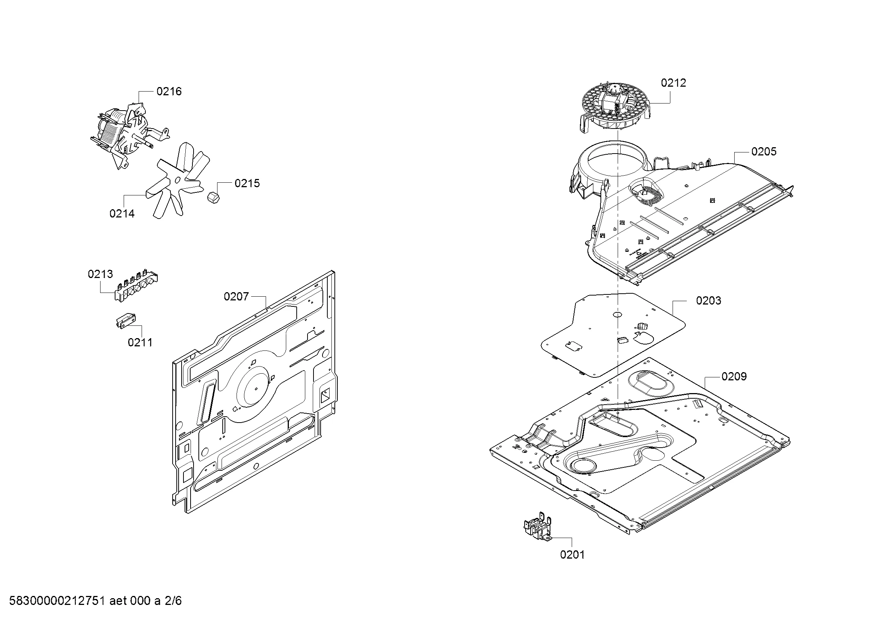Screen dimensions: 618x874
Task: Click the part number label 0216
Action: (169, 91)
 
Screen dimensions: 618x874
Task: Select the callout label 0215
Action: (247, 183)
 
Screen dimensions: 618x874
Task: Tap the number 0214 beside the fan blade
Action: (122, 213)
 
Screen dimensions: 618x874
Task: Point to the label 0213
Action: (100, 274)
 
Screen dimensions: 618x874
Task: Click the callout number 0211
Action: (140, 343)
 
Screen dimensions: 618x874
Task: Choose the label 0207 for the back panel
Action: (236, 296)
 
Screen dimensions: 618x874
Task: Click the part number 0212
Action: (673, 83)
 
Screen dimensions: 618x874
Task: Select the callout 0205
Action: (764, 151)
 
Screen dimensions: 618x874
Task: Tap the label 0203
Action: (708, 301)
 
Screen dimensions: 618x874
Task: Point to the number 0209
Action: (734, 376)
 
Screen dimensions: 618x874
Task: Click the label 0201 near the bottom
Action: (572, 555)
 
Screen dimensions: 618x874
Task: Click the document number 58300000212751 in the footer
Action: (57, 600)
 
